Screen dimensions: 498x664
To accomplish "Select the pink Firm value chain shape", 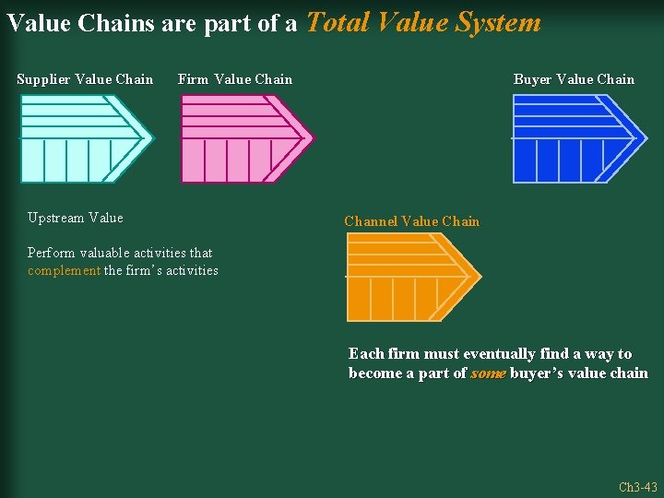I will (x=240, y=139).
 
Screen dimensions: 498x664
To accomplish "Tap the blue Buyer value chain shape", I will (x=572, y=139).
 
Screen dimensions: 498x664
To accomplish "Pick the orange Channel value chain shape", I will (x=406, y=277).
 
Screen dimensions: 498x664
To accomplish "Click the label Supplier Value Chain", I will (x=85, y=79).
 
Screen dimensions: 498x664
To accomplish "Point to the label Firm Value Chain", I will (x=234, y=79).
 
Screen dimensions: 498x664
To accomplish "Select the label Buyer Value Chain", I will (x=574, y=79).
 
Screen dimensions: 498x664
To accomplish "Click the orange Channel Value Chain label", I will (x=411, y=221).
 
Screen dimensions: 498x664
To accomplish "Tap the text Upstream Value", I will (x=75, y=218).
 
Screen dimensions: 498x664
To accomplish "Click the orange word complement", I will (x=64, y=270).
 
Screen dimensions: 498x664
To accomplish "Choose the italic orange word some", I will (x=487, y=373).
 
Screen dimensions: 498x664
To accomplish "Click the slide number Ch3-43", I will (x=637, y=487).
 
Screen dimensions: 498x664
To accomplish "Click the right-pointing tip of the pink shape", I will (x=311, y=139).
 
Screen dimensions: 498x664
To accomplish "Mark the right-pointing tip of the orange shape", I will (x=479, y=276).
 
